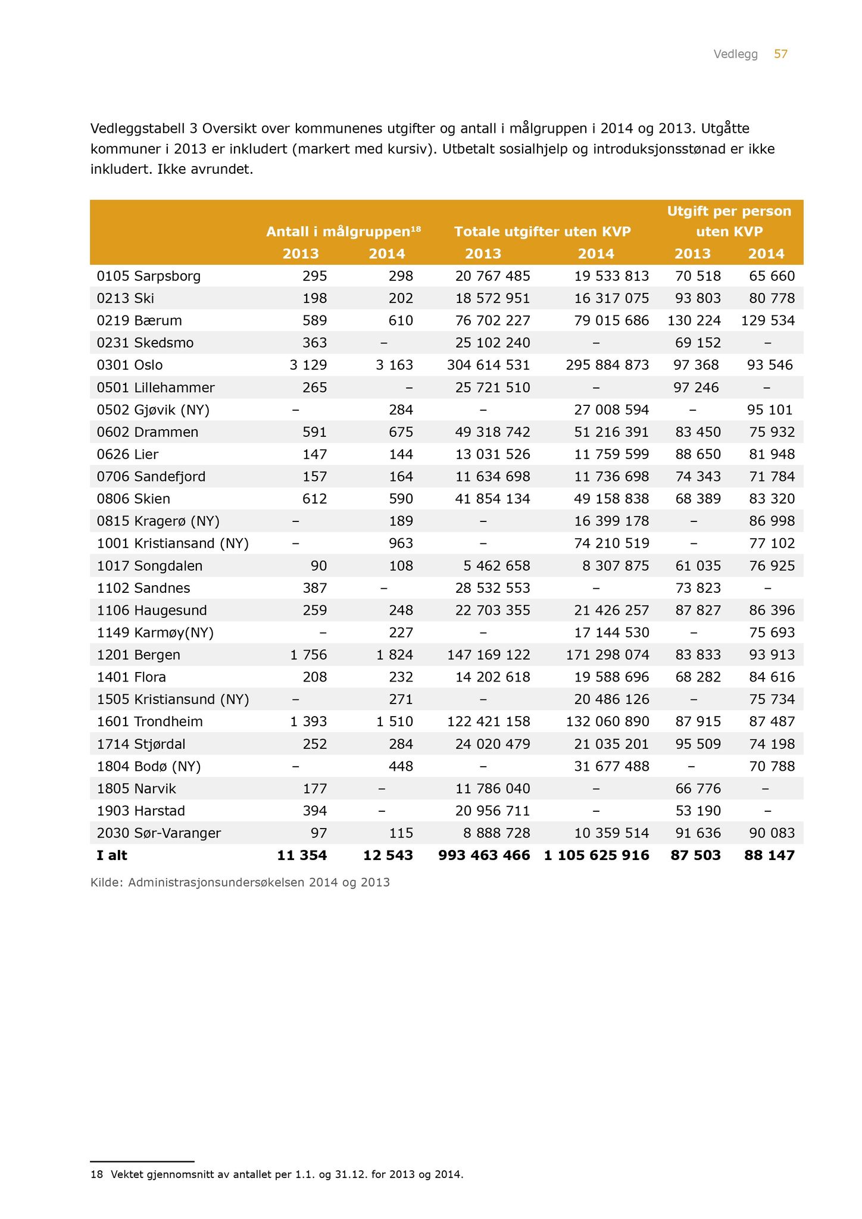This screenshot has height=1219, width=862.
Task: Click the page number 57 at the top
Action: [x=780, y=54]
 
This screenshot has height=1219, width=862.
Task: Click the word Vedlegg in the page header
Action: [x=736, y=54]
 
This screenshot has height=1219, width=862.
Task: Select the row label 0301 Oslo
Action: [x=130, y=365]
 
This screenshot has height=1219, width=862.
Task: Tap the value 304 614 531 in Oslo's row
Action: [x=488, y=365]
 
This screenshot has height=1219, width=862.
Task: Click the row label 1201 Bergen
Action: [x=139, y=655]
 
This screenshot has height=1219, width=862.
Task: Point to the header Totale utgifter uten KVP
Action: [x=542, y=232]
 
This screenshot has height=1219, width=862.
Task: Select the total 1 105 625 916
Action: [x=596, y=855]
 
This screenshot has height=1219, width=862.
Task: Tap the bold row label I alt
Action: [x=112, y=855]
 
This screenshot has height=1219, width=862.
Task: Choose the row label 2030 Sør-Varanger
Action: [x=159, y=833]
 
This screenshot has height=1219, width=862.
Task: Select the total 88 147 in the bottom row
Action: [x=769, y=855]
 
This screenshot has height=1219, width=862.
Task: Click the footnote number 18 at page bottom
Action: [x=96, y=1174]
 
